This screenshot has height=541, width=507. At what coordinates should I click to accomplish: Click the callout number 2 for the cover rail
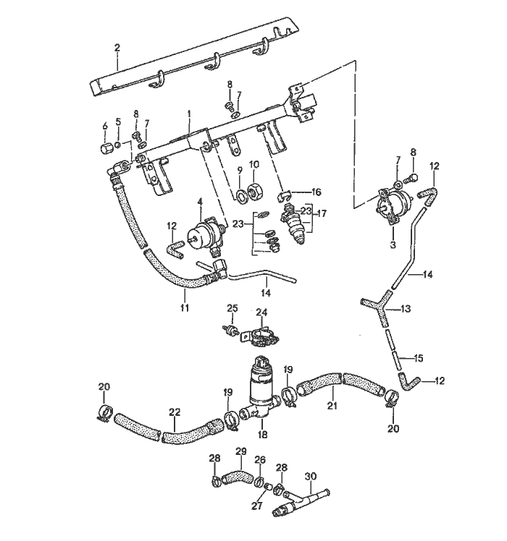(117, 48)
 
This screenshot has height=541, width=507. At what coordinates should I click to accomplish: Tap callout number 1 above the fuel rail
(189, 114)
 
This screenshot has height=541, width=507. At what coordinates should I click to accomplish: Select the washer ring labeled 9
(238, 196)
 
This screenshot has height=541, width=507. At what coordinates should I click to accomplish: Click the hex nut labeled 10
(255, 192)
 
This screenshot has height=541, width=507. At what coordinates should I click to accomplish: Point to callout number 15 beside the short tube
(419, 357)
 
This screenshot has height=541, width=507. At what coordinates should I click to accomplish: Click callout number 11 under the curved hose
(184, 307)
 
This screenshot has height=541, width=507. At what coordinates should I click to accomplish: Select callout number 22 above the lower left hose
(175, 412)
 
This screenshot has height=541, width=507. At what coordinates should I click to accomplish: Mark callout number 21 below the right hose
(332, 406)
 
